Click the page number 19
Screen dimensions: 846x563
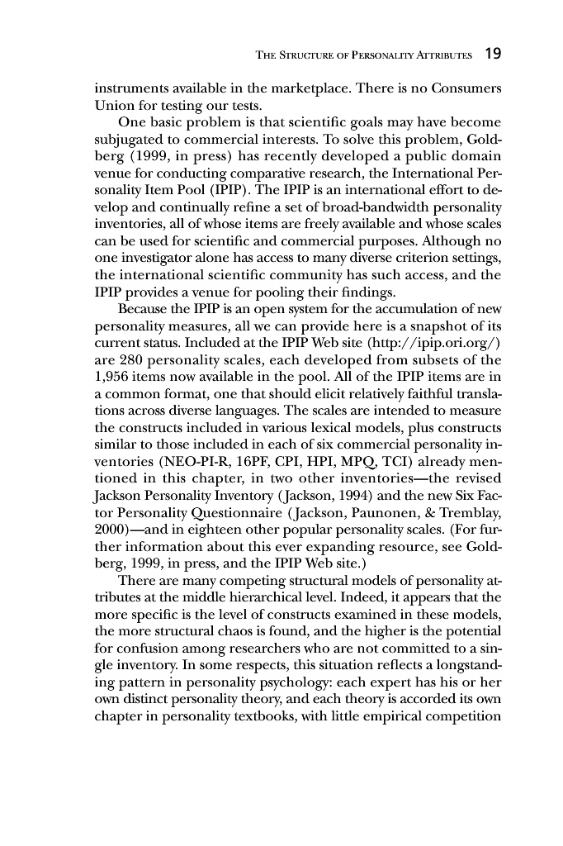coord(494,55)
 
